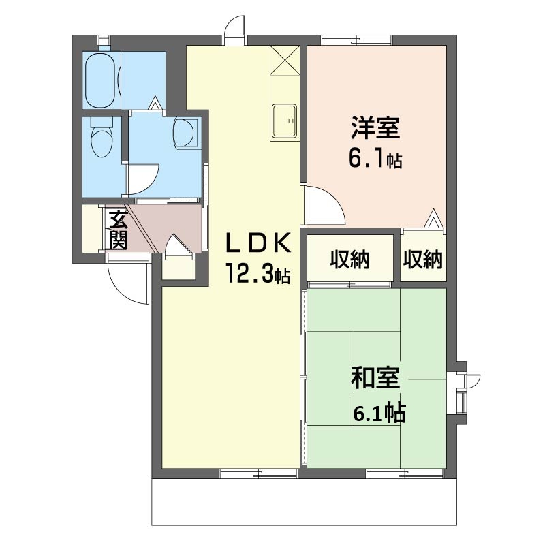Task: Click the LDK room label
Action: tap(258, 243)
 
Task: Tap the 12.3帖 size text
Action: tap(258, 273)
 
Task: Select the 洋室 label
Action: tap(375, 127)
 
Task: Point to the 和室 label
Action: tap(375, 377)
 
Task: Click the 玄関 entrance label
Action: tap(119, 230)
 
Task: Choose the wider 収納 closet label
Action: tap(349, 259)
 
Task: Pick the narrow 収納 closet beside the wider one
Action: tap(422, 259)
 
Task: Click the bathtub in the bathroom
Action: tap(100, 80)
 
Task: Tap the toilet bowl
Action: tap(102, 138)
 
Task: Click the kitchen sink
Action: tap(285, 121)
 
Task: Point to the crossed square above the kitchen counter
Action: tap(285, 60)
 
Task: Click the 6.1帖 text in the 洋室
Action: tap(375, 160)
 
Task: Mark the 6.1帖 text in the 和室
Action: tap(379, 412)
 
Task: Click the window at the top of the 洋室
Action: tap(356, 40)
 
